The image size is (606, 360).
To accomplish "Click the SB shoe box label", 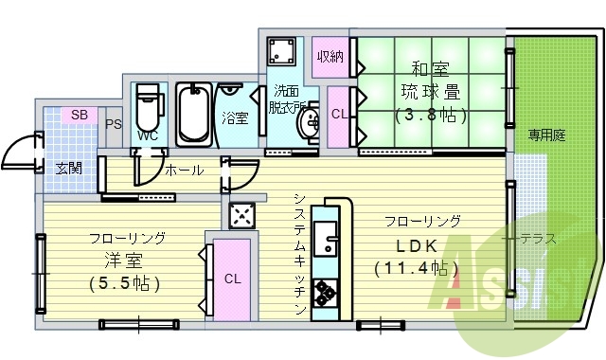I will (x=80, y=115).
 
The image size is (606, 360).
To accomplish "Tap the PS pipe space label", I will (x=114, y=124).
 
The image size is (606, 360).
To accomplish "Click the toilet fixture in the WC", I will (x=148, y=113).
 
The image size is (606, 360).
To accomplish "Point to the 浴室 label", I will (x=235, y=118).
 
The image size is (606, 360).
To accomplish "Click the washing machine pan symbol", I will (x=281, y=50).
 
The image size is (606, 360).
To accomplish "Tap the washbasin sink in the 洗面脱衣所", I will (x=309, y=124).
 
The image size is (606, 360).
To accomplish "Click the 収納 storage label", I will (x=330, y=55).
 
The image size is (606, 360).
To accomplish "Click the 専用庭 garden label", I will (x=546, y=135).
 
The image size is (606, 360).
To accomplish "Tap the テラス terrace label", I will (x=537, y=239).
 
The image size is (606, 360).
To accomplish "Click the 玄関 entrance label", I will (x=67, y=168).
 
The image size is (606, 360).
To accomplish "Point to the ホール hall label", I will (x=183, y=171).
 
